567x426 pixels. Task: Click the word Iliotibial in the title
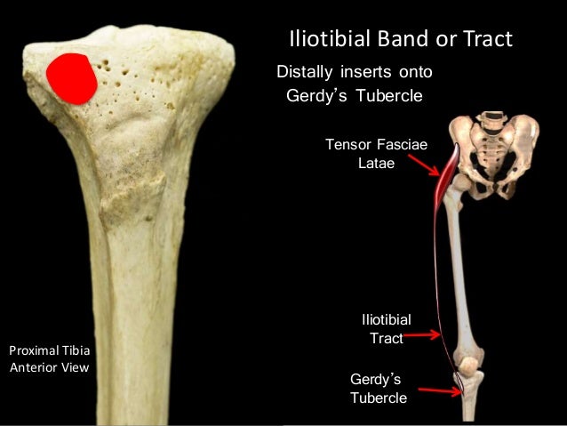(x=328, y=40)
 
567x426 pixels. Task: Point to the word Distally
(x=307, y=71)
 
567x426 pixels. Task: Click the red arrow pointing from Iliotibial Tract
(x=421, y=335)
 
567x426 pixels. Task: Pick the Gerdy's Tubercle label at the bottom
(x=379, y=388)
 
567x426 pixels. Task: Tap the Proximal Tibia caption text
(x=48, y=350)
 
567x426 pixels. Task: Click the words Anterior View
(x=49, y=366)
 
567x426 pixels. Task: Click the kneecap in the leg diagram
(x=465, y=364)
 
